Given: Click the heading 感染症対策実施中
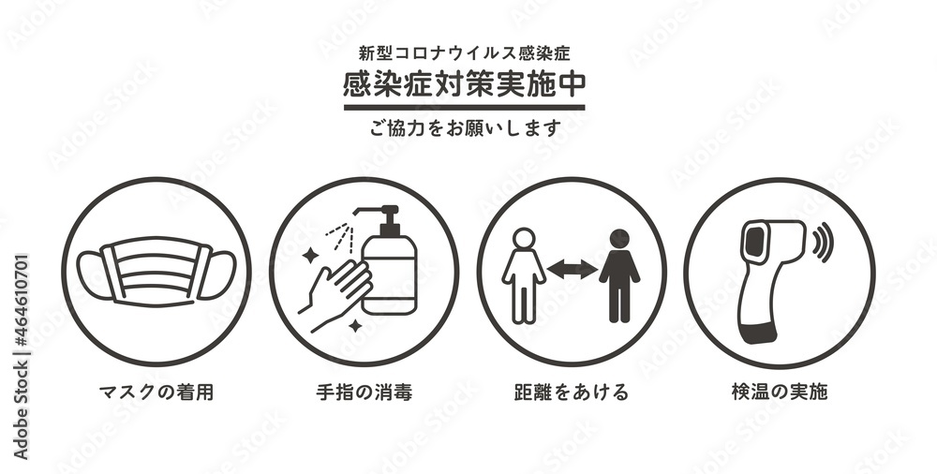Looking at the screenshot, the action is tap(465, 84).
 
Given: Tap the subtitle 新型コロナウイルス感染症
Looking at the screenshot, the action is tap(465, 53).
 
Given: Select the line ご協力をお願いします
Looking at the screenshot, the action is tap(465, 128).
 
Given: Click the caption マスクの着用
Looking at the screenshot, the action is tap(156, 393).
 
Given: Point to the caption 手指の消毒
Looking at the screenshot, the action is tap(364, 393).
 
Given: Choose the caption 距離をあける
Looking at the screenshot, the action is tap(572, 393).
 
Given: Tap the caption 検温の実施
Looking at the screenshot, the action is tap(780, 393).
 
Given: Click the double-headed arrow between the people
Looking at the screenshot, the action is tap(572, 269).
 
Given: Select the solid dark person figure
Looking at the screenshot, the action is tap(619, 276).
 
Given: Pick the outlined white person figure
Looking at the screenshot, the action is tap(524, 276).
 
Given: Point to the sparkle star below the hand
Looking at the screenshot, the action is tap(355, 326).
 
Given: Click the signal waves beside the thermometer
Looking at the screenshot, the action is tap(824, 242).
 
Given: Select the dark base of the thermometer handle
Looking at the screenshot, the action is tap(758, 333).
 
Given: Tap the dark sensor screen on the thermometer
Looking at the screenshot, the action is tap(754, 242).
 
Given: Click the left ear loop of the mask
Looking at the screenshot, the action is tap(93, 276).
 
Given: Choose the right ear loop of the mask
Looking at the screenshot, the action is tap(218, 275).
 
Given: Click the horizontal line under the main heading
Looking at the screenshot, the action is tap(465, 108).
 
